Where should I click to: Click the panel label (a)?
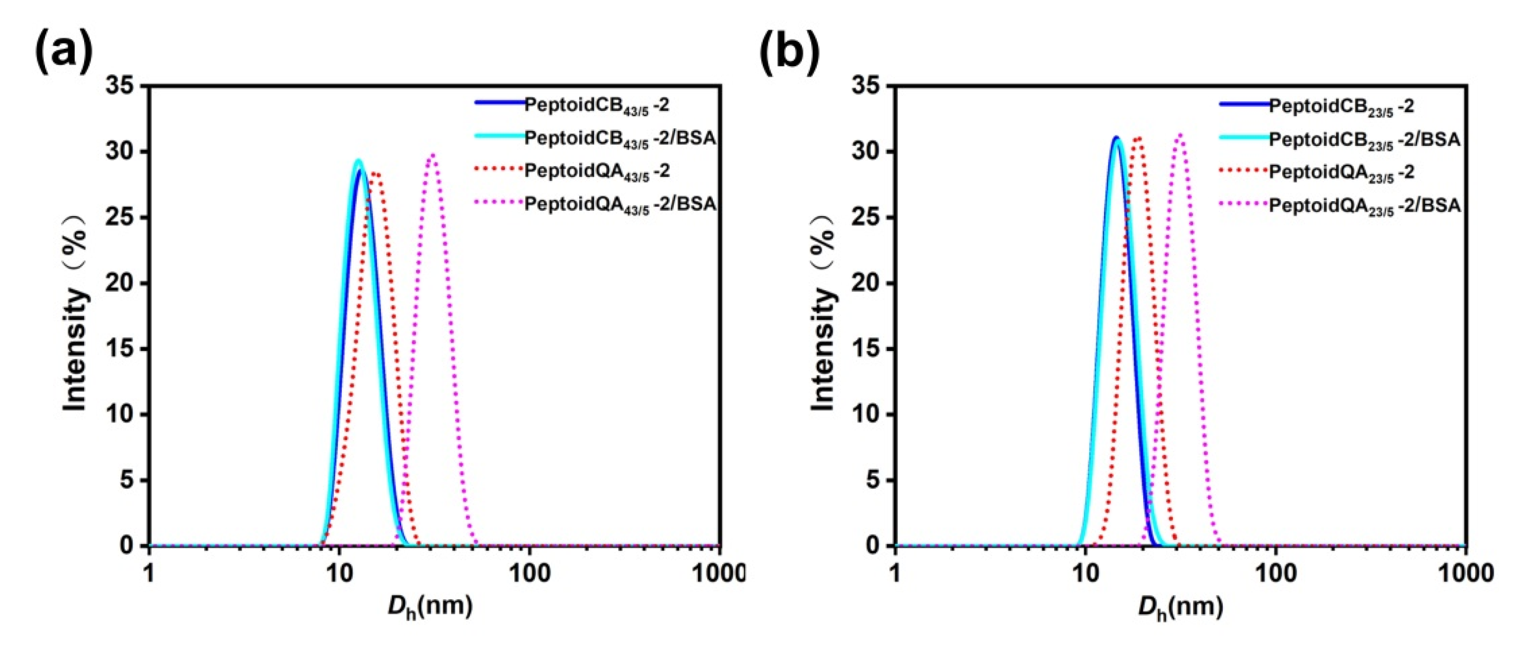[64, 52]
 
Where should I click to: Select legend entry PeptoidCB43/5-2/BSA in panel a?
[619, 138]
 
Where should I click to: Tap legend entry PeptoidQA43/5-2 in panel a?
[597, 172]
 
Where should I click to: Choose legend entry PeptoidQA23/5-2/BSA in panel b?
[1365, 206]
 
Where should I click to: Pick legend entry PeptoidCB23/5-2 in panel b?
[1342, 106]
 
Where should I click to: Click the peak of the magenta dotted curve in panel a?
[433, 155]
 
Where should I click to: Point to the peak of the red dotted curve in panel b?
[1138, 138]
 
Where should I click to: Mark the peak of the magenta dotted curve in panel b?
[1180, 135]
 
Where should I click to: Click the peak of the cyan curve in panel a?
[358, 160]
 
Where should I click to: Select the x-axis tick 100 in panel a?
[530, 573]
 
